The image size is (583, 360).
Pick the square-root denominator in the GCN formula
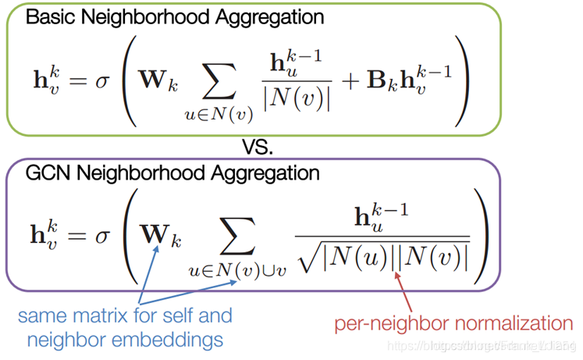tap(382, 255)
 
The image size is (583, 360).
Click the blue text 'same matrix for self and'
tap(124, 315)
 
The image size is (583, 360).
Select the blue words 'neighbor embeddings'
tap(121, 339)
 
